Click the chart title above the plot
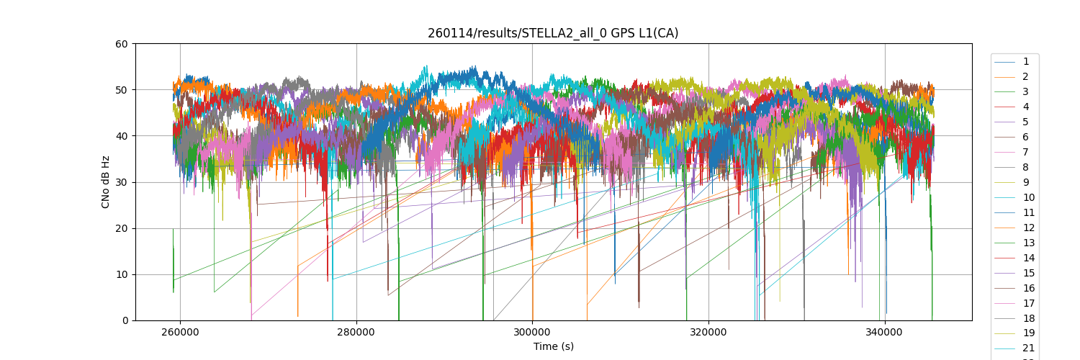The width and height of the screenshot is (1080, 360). [x=553, y=33]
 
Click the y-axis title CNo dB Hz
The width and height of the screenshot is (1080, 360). [x=106, y=181]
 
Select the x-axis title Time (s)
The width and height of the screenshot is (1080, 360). [x=553, y=346]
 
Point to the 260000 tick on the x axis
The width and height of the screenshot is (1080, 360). [x=180, y=332]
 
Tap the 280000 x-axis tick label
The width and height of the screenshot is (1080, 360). [x=356, y=332]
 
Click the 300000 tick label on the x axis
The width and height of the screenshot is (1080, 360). [x=532, y=332]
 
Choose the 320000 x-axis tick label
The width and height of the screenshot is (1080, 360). [x=708, y=332]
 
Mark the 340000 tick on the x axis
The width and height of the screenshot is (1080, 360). [x=884, y=332]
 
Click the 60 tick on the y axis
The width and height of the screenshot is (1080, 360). [x=122, y=44]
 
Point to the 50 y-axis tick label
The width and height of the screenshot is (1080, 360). [x=122, y=90]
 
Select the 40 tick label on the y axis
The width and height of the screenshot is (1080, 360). [x=122, y=136]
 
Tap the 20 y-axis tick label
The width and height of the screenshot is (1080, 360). [x=122, y=228]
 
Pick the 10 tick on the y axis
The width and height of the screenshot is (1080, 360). [x=122, y=274]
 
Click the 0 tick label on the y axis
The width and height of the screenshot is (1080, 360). [x=125, y=320]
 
